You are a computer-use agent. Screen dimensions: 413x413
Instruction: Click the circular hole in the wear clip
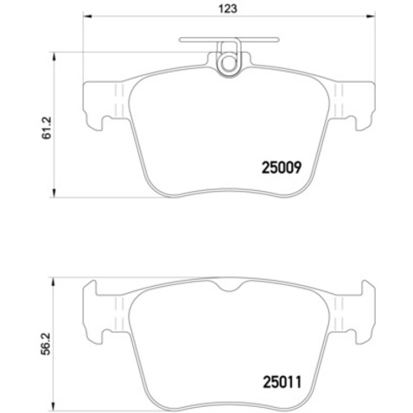tap(230, 62)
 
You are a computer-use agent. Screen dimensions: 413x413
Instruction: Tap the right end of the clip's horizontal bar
tap(278, 39)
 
